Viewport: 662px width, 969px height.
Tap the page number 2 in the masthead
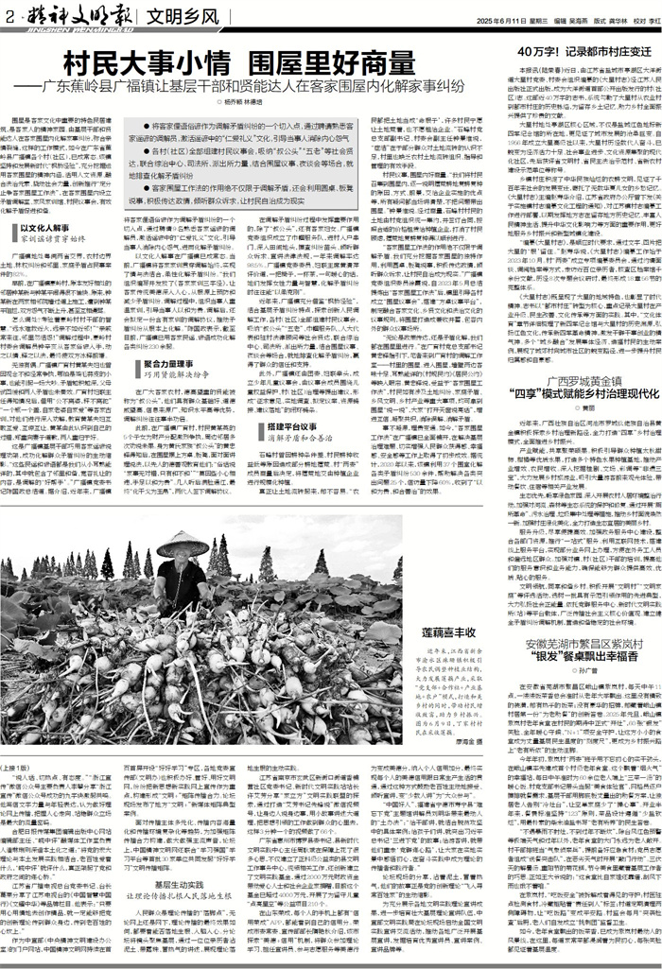point(9,16)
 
